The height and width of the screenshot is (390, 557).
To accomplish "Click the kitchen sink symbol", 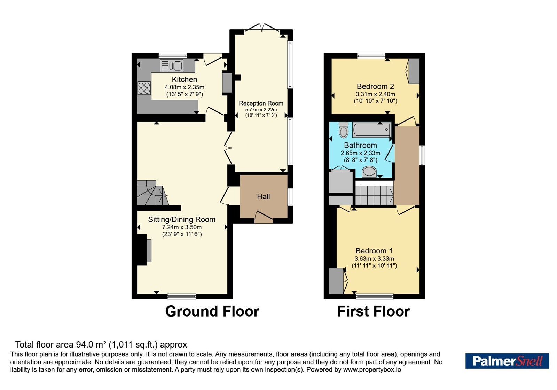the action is [172, 66].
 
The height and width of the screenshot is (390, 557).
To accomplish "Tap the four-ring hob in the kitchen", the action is [144, 88].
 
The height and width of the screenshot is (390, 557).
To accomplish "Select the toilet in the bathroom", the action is [344, 130].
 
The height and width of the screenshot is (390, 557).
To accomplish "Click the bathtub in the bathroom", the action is [372, 129].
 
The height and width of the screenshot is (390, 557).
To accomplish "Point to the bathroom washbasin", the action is [369, 172].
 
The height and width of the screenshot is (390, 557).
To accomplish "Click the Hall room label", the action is [263, 196].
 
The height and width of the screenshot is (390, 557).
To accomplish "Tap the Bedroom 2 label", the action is [375, 86].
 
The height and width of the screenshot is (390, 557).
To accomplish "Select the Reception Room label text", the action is [261, 103].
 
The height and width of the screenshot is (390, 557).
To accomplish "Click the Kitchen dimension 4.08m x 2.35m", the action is [185, 87].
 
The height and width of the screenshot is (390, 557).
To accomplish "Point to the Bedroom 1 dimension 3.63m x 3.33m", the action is [374, 259].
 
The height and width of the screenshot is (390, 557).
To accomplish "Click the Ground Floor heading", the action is [212, 311].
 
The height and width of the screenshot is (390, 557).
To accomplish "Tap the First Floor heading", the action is [374, 311].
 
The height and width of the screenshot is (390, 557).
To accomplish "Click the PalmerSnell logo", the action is [507, 361].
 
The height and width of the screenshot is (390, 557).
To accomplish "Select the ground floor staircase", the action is [152, 193].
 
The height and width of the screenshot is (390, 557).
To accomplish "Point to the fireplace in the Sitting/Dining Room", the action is [144, 250].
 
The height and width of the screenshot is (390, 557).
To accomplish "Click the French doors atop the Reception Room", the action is [262, 28].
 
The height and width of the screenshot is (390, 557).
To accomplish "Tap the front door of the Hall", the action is [264, 217].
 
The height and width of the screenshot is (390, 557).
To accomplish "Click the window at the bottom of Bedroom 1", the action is [375, 296].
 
